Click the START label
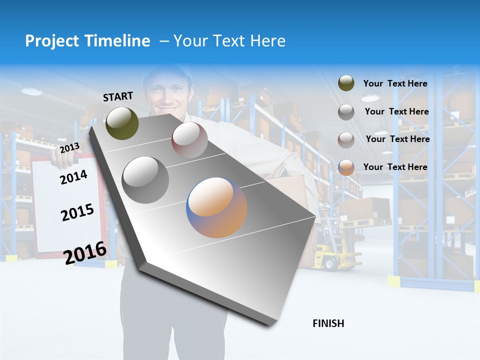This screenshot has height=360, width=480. coord(118,96)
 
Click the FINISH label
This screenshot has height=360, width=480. coord(328,323)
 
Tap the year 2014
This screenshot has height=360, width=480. coord(73,177)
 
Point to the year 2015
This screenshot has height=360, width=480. coord(77,213)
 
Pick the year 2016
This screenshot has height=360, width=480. coord(85,252)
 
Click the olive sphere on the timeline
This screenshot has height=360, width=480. coord(122,123)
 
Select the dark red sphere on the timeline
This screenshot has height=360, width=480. coord(189,140)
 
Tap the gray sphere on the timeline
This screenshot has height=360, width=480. coord(145,180)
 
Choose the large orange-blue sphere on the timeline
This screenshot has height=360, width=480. coord(216,207)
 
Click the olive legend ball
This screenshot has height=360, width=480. coord(346,83)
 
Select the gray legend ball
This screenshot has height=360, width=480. coord(346,112)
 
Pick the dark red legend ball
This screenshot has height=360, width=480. coord(346,140)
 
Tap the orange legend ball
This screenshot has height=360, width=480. coord(346,167)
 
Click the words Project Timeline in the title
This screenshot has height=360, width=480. coord(87,41)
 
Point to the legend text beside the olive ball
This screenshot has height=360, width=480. coord(395,84)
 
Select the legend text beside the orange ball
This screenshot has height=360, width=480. coord(395,167)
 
